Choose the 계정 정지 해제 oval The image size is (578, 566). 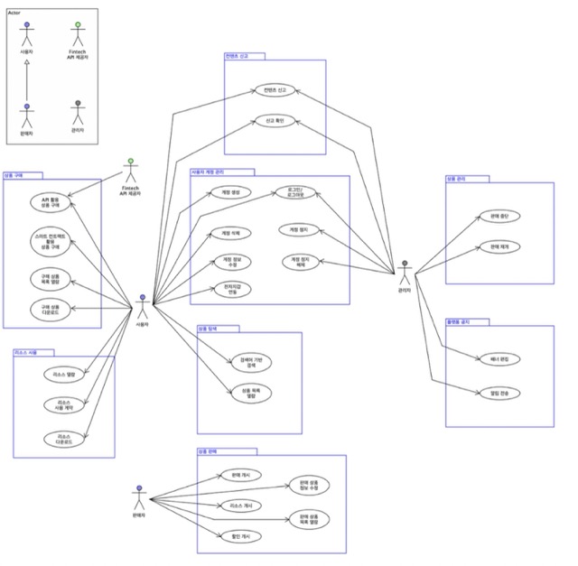tap(299, 262)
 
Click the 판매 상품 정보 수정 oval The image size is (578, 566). tap(308, 487)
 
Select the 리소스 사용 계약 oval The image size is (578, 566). tap(64, 405)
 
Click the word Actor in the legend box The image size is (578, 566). tap(15, 13)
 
